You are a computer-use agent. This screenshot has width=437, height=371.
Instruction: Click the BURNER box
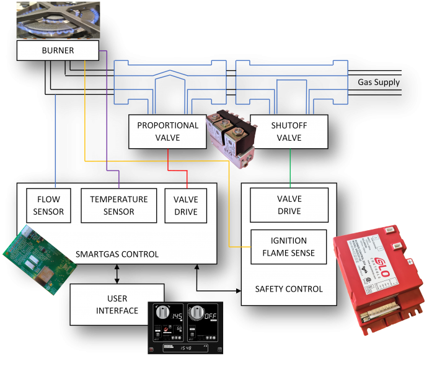(x=58, y=51)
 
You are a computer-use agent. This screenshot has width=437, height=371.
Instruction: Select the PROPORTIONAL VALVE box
(x=167, y=132)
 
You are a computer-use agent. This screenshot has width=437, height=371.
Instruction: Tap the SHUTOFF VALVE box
(x=289, y=132)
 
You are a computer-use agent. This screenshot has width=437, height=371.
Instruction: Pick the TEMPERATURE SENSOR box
(x=119, y=206)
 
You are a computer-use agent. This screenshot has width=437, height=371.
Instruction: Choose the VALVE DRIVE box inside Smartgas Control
(x=185, y=206)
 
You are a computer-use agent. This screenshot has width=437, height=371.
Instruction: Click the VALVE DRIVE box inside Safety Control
(x=289, y=205)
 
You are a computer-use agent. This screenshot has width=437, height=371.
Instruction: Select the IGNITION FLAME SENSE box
(x=289, y=246)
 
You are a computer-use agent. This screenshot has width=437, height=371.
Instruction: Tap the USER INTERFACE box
(x=117, y=305)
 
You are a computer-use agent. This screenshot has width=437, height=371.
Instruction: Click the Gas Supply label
(x=379, y=83)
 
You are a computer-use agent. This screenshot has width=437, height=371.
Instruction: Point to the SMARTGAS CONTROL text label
(x=117, y=254)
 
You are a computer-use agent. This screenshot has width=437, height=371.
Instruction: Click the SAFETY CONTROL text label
(x=289, y=289)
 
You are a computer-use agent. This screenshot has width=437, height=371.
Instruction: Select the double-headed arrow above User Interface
(x=117, y=274)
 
